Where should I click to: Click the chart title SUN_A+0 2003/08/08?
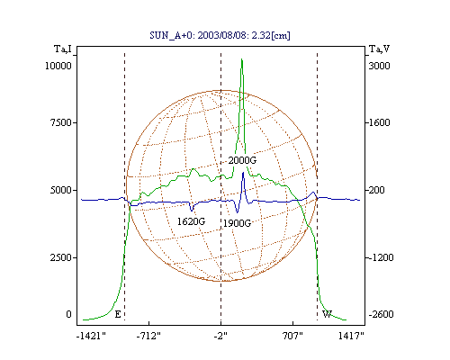(x=220, y=35)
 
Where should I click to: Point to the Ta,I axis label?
(x=63, y=49)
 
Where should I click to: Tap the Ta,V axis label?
(x=379, y=49)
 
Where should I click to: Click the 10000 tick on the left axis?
(x=58, y=66)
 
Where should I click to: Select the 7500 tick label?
(x=60, y=122)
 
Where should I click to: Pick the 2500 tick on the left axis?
(x=60, y=257)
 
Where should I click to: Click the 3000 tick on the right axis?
(x=379, y=66)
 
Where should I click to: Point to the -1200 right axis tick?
(x=381, y=257)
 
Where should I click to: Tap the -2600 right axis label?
(x=381, y=314)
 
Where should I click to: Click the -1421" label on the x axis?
(x=91, y=336)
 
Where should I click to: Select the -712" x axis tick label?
(x=148, y=336)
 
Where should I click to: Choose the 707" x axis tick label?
(x=292, y=336)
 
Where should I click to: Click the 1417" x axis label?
(x=351, y=336)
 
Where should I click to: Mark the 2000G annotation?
(x=242, y=160)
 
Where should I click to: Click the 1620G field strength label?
(x=191, y=221)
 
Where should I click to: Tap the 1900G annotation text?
(x=237, y=223)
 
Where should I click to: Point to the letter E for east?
(x=118, y=314)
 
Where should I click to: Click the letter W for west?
(x=327, y=314)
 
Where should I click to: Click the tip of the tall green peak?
(x=241, y=59)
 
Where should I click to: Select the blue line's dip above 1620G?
(x=192, y=211)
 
